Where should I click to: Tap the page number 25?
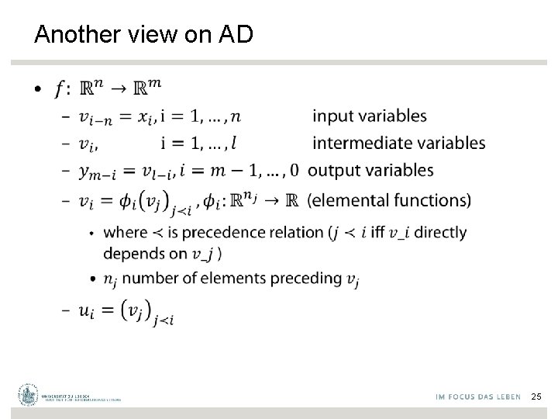(x=536, y=396)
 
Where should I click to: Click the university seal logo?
(x=29, y=395)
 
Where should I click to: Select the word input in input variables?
(x=329, y=116)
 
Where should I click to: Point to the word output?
(x=333, y=170)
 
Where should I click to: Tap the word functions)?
(x=436, y=200)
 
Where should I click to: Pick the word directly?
(x=439, y=232)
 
